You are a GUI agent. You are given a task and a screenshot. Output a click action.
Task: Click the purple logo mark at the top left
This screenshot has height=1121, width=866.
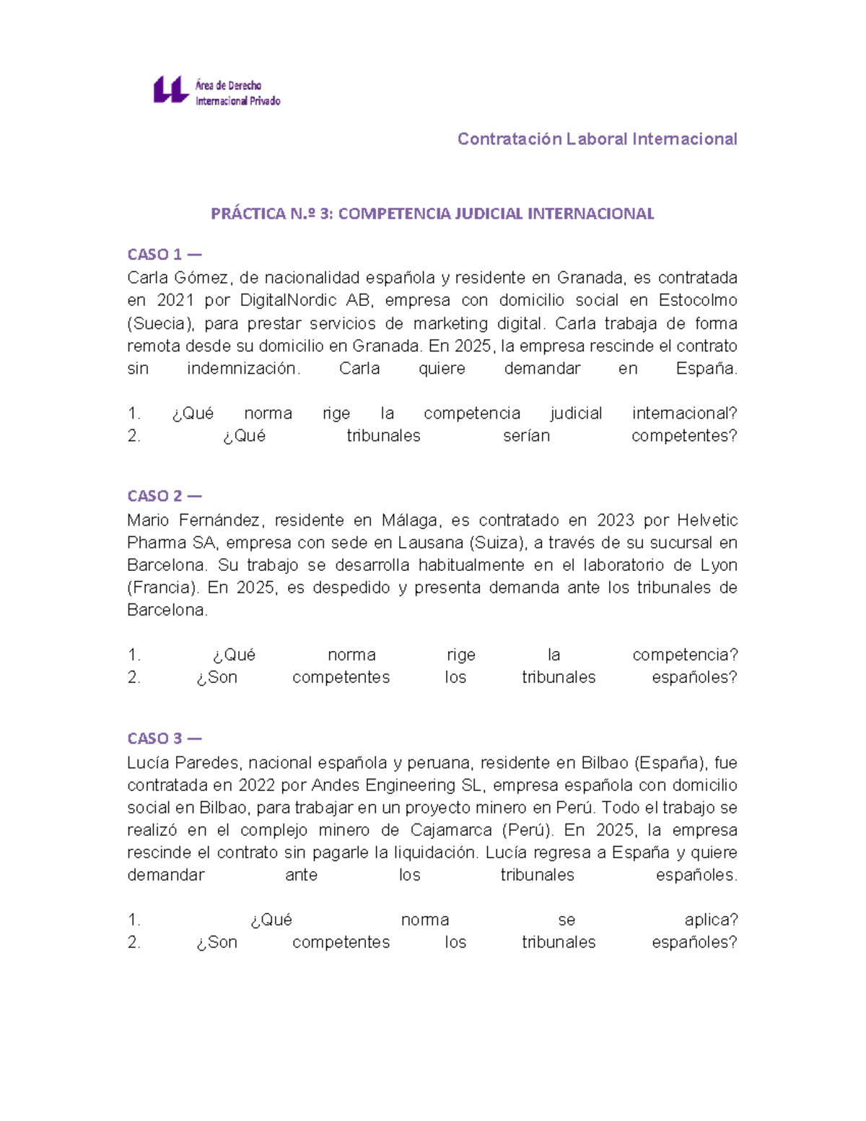[171, 91]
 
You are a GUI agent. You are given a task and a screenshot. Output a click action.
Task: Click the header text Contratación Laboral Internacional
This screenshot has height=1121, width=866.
[597, 139]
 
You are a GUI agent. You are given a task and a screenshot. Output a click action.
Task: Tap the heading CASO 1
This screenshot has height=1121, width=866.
[164, 254]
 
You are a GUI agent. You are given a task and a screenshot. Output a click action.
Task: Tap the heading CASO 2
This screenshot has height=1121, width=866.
[164, 496]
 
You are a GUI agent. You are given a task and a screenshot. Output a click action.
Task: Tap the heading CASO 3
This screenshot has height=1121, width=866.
[164, 738]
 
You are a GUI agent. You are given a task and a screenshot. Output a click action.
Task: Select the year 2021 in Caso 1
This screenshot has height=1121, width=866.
[174, 300]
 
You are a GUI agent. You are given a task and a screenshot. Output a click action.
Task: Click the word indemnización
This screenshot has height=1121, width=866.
[243, 368]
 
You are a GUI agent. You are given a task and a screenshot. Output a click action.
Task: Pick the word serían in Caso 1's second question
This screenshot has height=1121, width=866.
[526, 436]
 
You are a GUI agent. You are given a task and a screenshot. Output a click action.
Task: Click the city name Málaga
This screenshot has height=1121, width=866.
[410, 520]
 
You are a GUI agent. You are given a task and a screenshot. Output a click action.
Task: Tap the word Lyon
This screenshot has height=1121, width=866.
[719, 565]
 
